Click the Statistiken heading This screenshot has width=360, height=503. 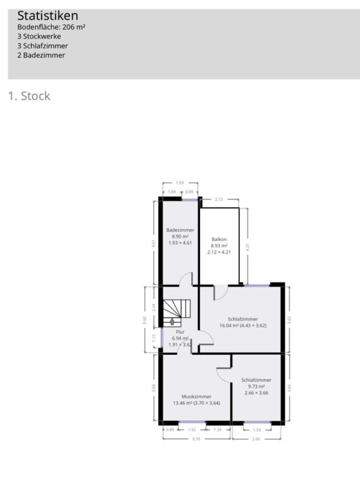pos(48,16)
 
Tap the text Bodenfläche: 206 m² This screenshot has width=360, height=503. pos(51,27)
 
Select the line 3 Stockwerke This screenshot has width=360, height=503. pos(39,36)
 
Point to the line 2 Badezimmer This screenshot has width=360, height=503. pos(41,55)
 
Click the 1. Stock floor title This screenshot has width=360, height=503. pos(29,96)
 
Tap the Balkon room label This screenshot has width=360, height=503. pos(219,239)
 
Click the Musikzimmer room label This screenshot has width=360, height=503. pos(196,396)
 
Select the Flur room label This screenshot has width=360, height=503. pos(180,332)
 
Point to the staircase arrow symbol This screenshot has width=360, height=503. pos(172,321)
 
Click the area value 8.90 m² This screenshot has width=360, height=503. pos(181,236)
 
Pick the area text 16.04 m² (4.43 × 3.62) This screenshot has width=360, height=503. pos(243,325)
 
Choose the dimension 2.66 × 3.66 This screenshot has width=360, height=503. pos(257,393)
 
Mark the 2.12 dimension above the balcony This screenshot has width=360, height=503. pos(219,199)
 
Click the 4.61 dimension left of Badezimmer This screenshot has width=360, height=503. pos(154,244)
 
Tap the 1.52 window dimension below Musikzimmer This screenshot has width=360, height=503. pos(192,430)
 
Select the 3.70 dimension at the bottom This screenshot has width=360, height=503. pos(196,439)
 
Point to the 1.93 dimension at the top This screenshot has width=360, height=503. pos(179,183)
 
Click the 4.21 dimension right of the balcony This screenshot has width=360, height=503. pos(248,247)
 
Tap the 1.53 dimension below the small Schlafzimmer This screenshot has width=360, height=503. pos(257,430)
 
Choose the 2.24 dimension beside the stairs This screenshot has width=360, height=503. pos(154,307)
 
